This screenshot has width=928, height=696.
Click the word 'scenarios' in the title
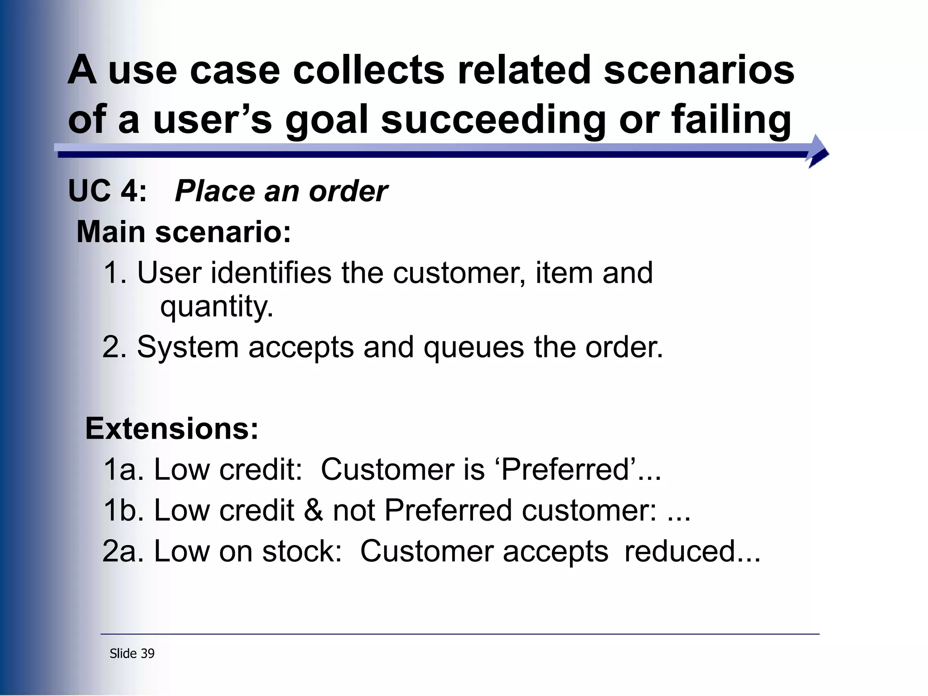click(699, 70)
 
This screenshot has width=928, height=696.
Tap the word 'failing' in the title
click(731, 120)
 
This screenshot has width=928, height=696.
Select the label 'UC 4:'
click(107, 191)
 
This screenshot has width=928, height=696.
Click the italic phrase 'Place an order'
click(281, 191)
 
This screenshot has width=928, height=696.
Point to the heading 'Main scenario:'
click(184, 232)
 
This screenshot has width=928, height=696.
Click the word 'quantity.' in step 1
click(217, 307)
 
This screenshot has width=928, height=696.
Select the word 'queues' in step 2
click(473, 347)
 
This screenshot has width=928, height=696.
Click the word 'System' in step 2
click(188, 347)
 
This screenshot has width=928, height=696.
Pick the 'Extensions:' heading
click(172, 429)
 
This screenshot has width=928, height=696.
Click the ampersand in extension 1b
click(314, 511)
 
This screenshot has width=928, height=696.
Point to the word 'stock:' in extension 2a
click(302, 551)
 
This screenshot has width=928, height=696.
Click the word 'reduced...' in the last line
click(692, 551)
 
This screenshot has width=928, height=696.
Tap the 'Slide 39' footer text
click(132, 653)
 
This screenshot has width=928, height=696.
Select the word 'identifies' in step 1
click(271, 273)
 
